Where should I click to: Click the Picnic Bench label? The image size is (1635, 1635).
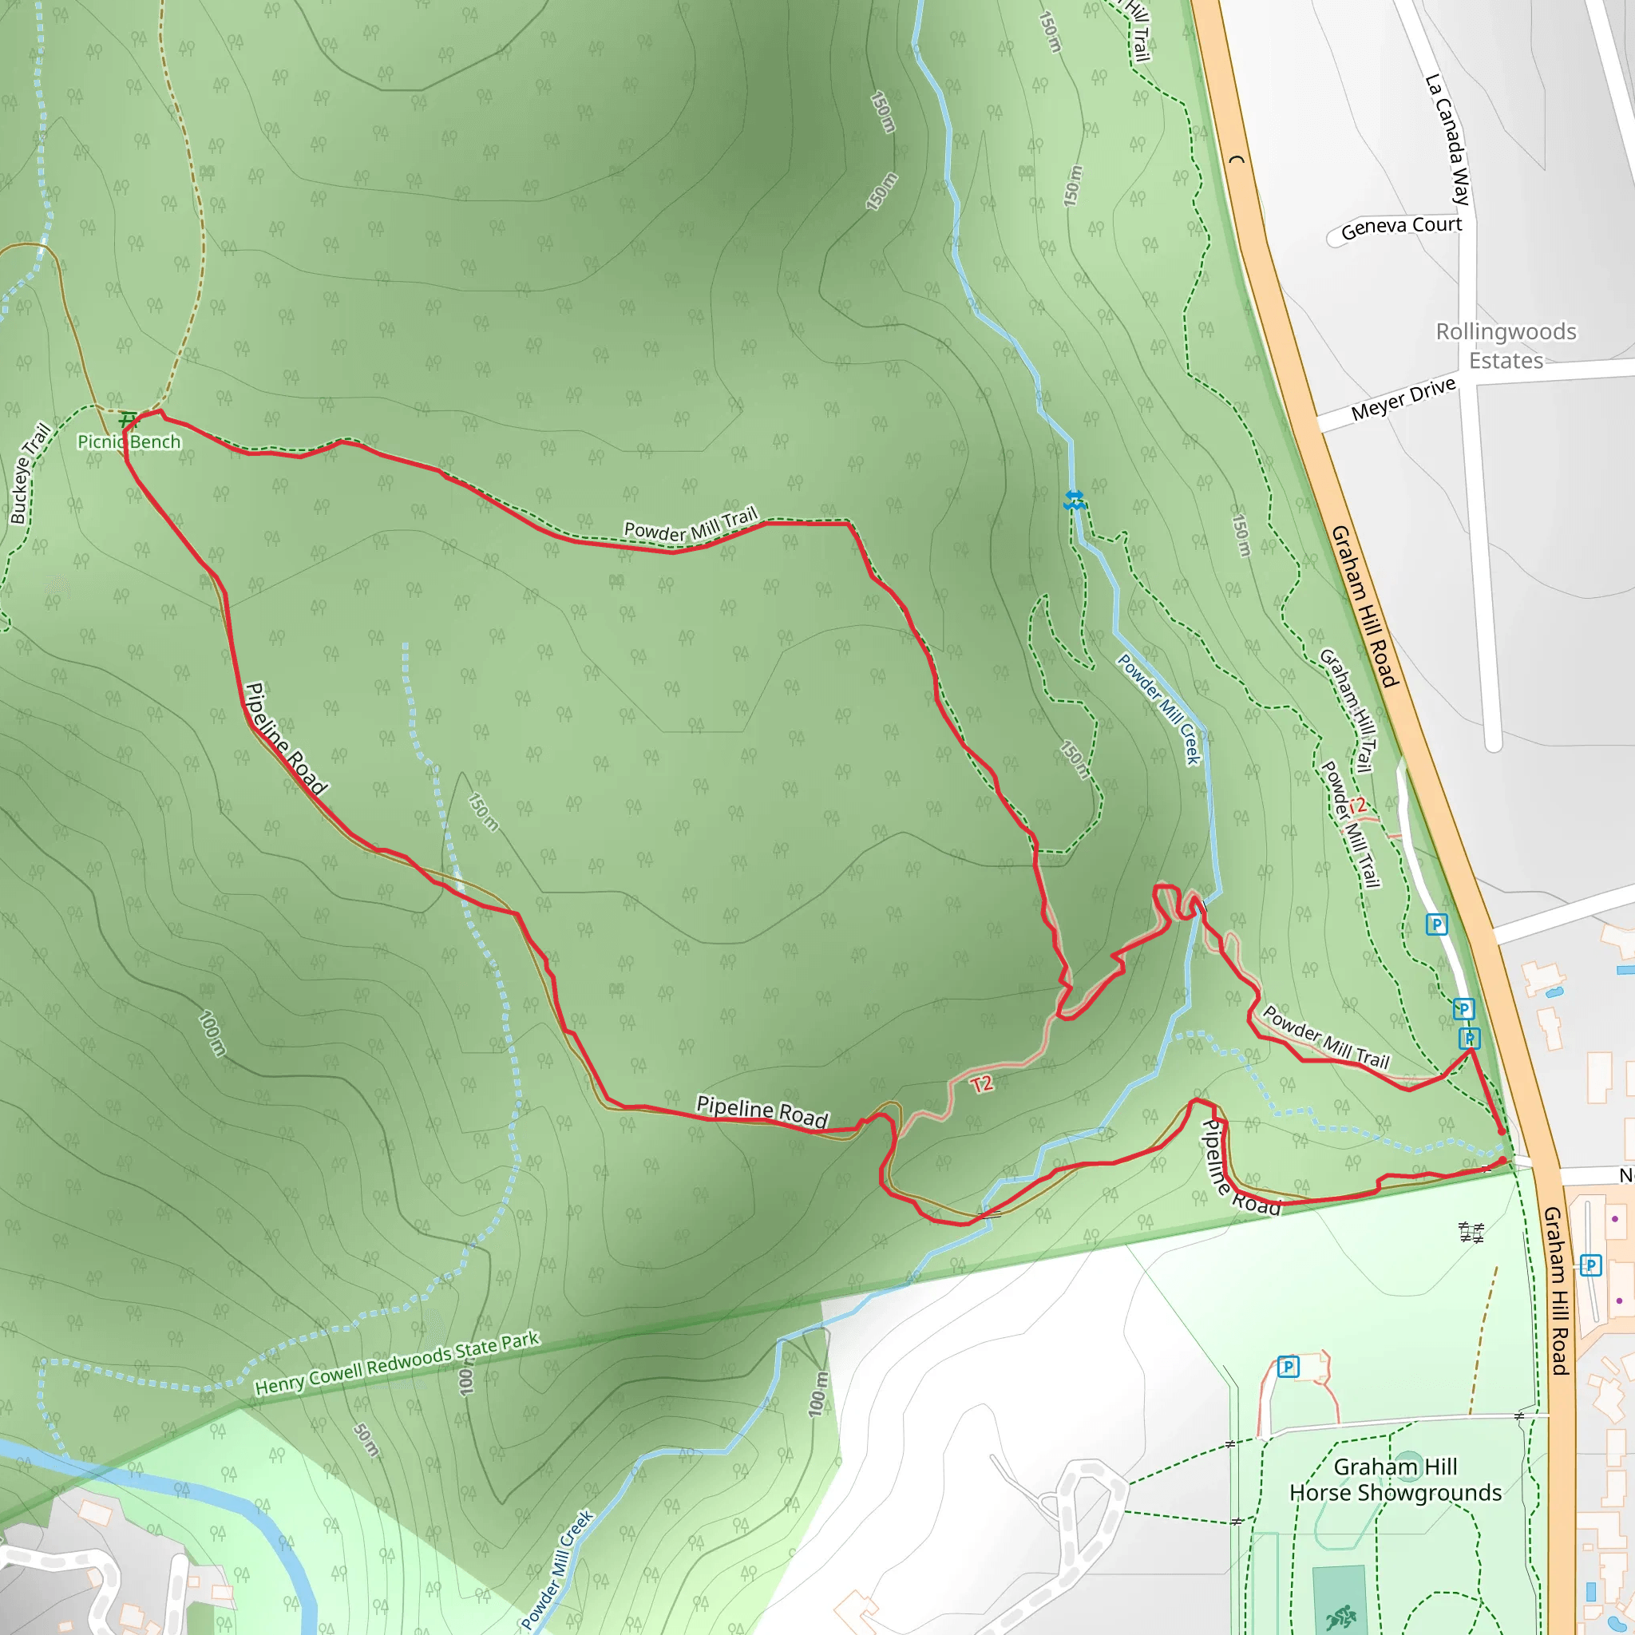pos(129,441)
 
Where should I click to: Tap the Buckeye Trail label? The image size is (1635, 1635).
pos(30,474)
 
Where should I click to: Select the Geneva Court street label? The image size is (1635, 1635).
pos(1400,227)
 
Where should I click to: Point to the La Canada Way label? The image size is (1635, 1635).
pos(1448,140)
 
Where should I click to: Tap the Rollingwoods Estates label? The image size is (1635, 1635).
pos(1506,345)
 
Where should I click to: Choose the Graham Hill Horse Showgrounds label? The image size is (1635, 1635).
pos(1395,1479)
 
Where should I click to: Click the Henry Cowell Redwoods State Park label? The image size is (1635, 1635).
pos(397,1364)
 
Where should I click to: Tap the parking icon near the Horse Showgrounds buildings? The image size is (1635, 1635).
pos(1288,1367)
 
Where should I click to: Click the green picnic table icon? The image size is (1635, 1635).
pos(126,419)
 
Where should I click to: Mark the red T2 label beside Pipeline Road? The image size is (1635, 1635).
pos(982,1084)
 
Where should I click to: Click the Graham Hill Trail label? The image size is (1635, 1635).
pos(1348,710)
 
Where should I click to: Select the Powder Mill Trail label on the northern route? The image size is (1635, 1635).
pos(691,527)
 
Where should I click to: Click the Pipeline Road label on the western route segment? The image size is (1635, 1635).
pos(285,738)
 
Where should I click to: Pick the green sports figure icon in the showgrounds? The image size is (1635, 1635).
pos(1340,1617)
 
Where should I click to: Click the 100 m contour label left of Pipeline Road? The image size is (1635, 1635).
pos(212,1031)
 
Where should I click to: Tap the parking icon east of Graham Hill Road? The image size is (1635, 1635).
pos(1590,1265)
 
